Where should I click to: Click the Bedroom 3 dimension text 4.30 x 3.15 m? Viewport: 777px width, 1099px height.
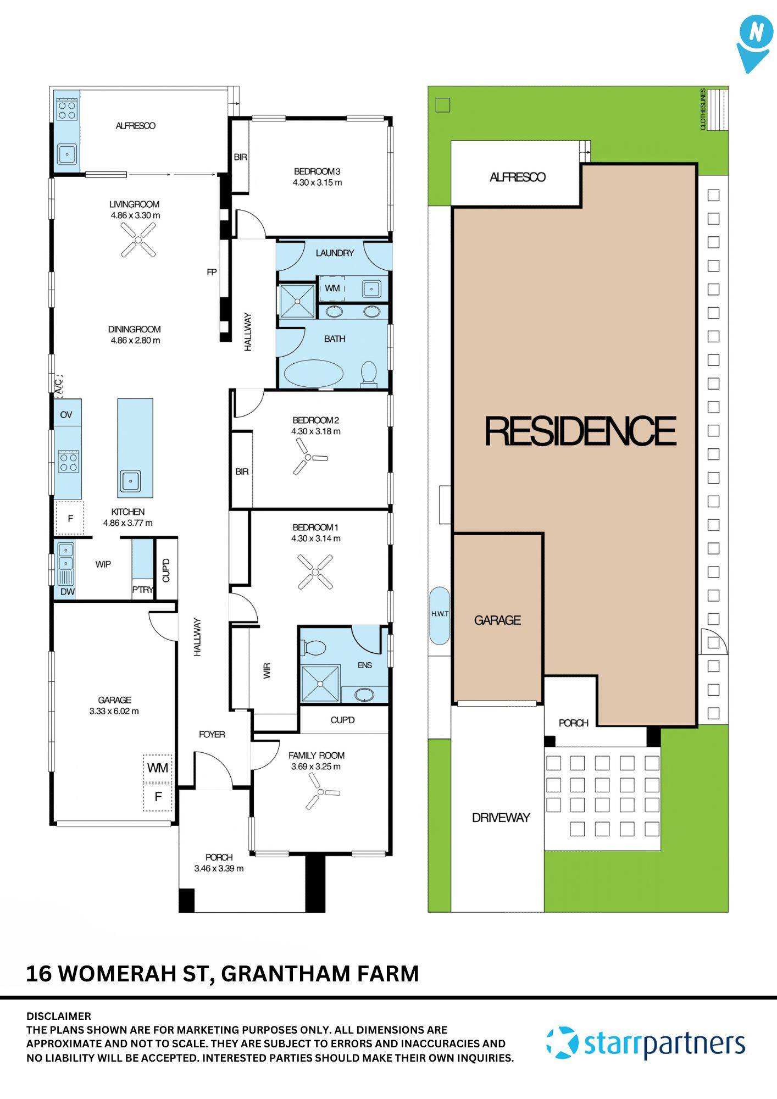317,182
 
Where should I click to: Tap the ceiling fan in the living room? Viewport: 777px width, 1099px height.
138,242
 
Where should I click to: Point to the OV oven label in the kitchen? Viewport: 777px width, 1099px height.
66,415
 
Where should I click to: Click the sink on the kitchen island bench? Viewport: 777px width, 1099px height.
131,481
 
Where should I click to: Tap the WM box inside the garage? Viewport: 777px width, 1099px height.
158,768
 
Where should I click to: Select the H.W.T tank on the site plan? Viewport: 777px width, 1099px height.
439,615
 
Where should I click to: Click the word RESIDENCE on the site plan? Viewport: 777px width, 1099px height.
580,431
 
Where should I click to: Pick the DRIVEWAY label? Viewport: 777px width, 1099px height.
501,818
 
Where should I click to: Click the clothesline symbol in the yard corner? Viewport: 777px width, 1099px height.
717,109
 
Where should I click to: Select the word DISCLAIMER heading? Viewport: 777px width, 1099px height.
59,1016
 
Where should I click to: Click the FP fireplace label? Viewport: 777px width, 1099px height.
212,272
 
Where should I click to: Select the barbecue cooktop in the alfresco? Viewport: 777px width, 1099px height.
67,110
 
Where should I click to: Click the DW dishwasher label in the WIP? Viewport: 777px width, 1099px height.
67,592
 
